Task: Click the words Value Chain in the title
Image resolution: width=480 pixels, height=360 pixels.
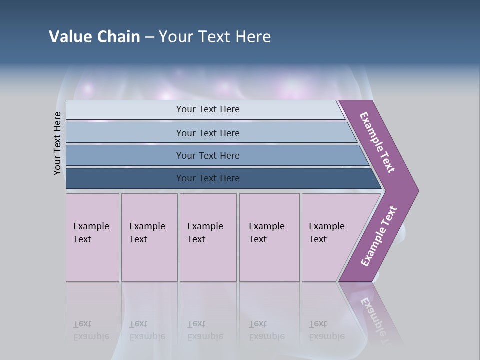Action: coord(94,37)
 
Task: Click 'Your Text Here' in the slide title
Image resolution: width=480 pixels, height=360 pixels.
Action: coord(215,37)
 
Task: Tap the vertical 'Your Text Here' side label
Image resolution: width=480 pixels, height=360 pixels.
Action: coord(57,143)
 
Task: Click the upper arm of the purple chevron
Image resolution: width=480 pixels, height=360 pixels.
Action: coord(378,142)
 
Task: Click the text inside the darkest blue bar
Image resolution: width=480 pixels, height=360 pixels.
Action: coord(208,178)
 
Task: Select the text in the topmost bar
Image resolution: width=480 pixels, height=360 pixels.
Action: coord(208,109)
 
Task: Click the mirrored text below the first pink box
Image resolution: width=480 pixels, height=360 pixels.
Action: coord(91,330)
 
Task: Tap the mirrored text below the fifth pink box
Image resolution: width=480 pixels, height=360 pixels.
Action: coord(326,330)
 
